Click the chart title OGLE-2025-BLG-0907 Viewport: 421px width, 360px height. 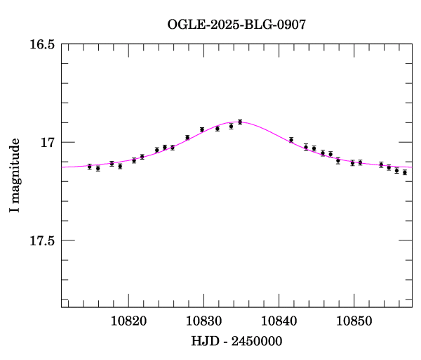(237, 24)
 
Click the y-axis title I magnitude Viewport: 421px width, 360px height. (15, 176)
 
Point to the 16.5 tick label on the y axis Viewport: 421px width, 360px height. (42, 44)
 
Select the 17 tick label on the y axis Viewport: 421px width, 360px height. (48, 143)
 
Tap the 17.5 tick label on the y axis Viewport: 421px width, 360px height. (42, 241)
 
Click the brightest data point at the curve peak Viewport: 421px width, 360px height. (240, 122)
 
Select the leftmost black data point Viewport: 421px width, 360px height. (89, 167)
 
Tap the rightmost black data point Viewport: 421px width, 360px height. (404, 172)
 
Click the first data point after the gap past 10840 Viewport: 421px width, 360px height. (291, 140)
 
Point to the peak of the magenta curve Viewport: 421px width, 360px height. (237, 122)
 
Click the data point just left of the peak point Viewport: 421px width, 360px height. (231, 127)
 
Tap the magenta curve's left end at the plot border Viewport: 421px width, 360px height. (62, 167)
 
